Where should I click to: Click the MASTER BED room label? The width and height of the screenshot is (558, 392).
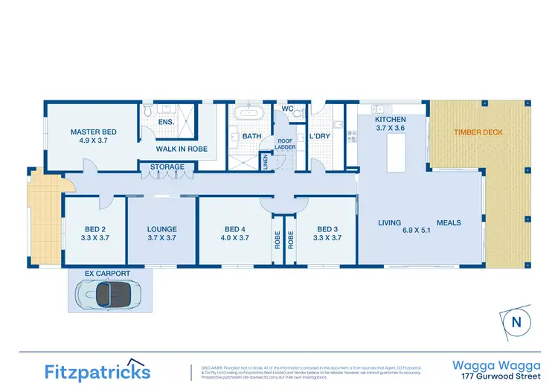click(x=93, y=132)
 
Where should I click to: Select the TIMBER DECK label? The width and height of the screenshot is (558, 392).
click(x=478, y=132)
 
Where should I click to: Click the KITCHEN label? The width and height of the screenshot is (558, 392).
click(x=390, y=119)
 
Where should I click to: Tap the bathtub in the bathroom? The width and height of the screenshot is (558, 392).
click(x=246, y=115)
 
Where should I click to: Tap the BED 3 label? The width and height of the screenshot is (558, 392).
click(x=328, y=228)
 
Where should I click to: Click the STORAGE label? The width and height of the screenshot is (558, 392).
click(x=167, y=167)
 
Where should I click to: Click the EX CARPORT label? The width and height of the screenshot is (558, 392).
click(x=107, y=274)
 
